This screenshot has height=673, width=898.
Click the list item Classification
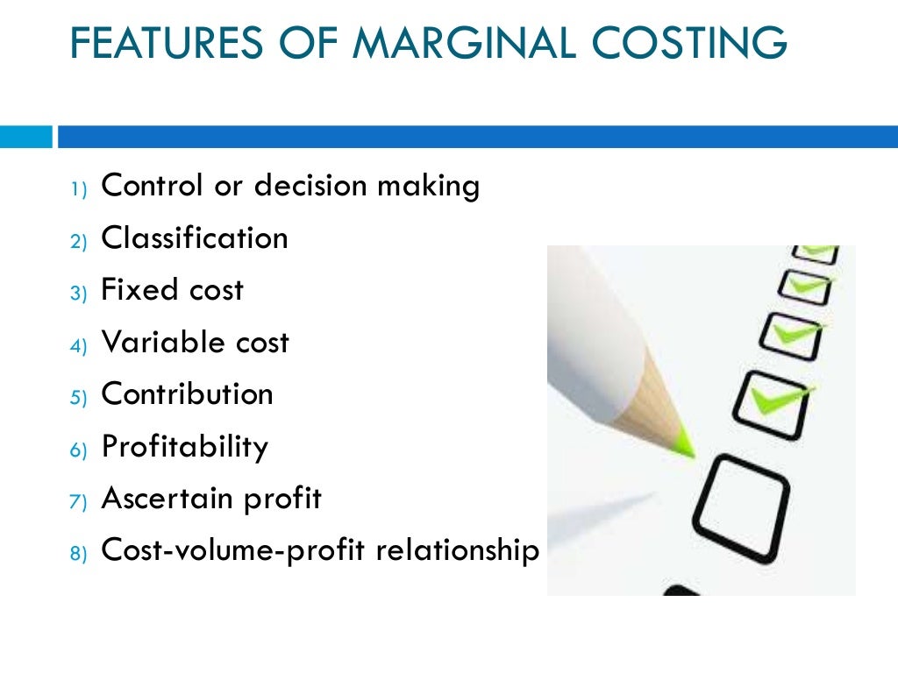pos(195,237)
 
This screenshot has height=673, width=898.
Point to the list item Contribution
pos(188,394)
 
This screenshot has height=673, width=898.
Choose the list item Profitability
pos(185,447)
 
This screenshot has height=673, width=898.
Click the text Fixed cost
pos(173,290)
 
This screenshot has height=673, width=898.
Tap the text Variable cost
pos(195,342)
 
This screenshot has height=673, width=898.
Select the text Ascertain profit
pos(212,499)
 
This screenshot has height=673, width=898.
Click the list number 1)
pos(79,188)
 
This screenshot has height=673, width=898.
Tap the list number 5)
pos(79,397)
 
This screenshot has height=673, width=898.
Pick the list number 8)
pos(79,554)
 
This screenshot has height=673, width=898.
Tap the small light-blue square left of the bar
pos(25,137)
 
